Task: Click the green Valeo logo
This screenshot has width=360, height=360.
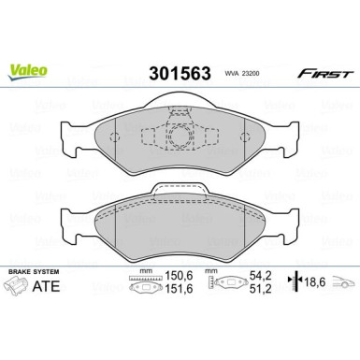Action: point(27,72)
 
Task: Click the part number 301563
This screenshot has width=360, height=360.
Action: point(180,74)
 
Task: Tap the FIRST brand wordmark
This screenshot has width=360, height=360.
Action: point(325,74)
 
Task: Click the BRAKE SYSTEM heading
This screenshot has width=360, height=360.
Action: point(34,272)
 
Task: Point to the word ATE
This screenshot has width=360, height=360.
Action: point(46,286)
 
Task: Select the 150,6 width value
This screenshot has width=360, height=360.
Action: point(179,276)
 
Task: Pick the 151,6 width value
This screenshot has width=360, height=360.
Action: point(179,289)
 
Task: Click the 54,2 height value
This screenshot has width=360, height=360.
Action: point(261,275)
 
